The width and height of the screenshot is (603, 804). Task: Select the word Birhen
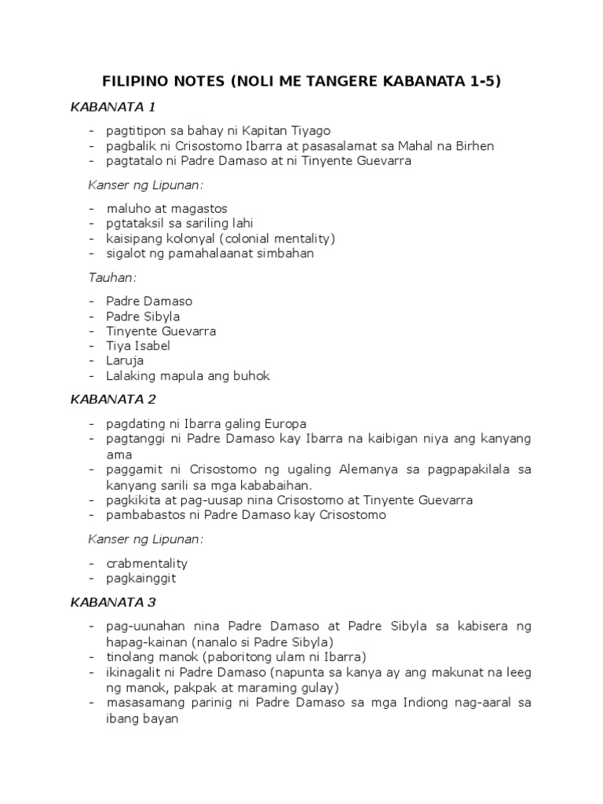473,146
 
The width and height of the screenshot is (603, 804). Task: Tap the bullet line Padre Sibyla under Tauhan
144,316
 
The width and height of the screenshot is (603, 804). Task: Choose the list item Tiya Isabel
138,346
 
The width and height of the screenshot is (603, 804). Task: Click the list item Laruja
126,361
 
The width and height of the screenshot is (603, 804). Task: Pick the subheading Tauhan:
112,278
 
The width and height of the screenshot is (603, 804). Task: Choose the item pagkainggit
141,579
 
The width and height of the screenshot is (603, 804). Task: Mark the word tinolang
132,656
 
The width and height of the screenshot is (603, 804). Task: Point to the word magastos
199,209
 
